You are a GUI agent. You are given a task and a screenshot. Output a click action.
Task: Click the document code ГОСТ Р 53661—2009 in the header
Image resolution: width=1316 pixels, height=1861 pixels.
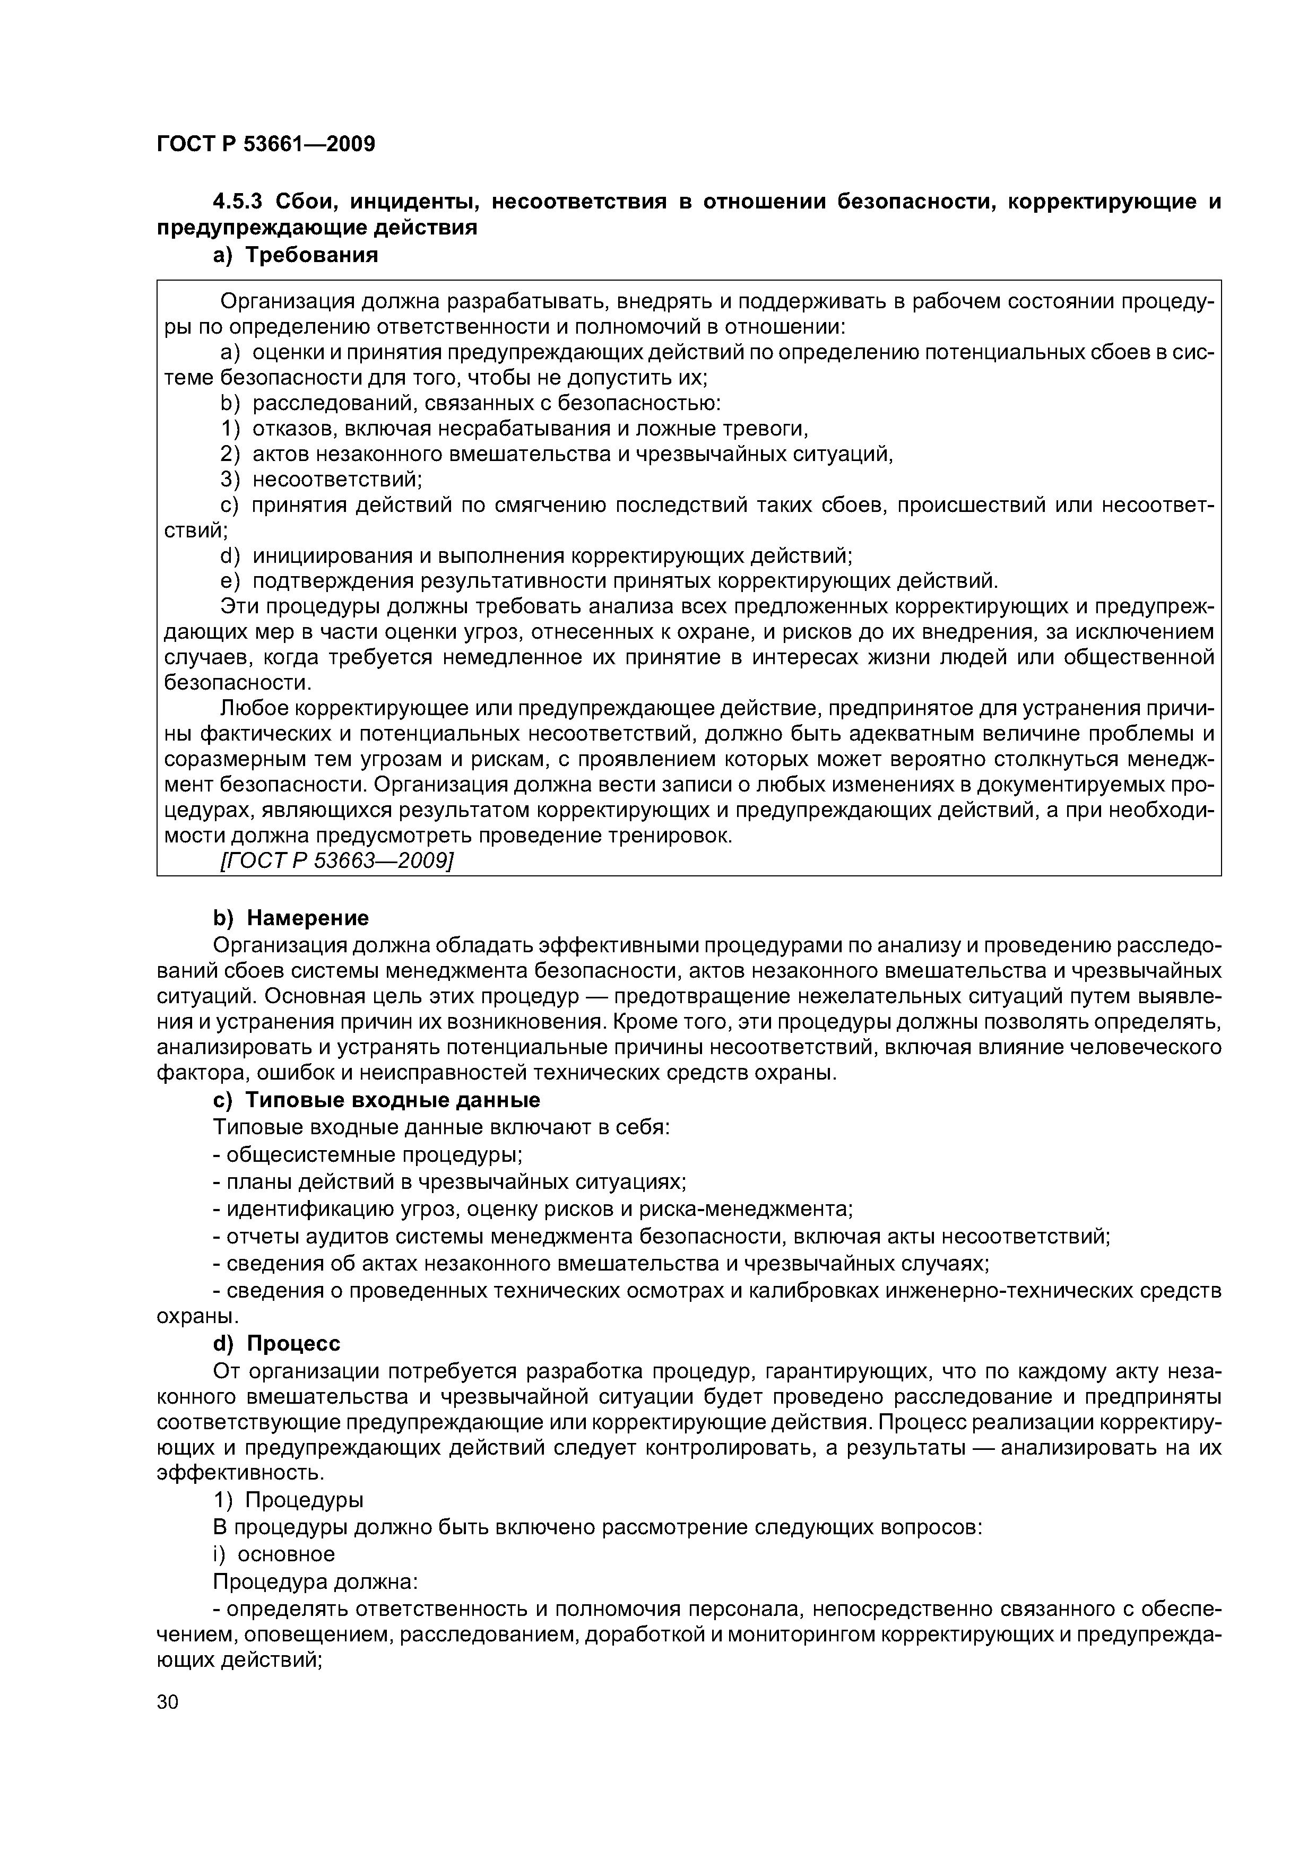265,144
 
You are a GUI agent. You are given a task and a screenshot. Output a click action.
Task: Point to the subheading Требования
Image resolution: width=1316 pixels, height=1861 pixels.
312,255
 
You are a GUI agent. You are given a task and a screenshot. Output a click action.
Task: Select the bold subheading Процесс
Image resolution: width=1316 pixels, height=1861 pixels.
293,1344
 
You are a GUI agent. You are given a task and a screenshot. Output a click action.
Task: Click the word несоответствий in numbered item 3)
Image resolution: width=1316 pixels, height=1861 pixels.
336,480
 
